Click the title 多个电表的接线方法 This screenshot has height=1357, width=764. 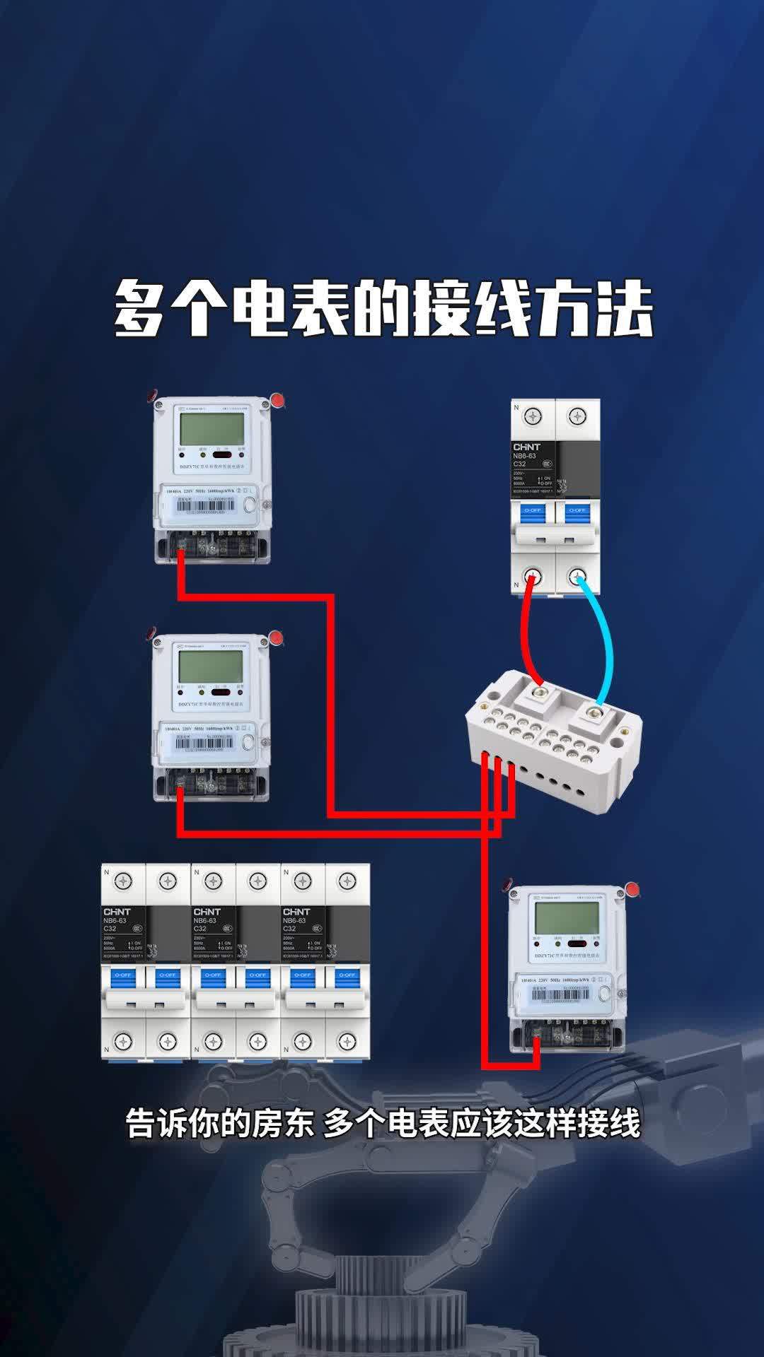point(383,310)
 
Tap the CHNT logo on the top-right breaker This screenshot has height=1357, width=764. point(526,447)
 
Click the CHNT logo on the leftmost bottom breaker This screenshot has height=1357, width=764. point(117,912)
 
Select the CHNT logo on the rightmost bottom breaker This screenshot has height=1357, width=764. point(296,912)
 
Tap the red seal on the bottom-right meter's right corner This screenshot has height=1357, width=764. point(632,890)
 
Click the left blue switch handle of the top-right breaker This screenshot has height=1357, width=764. point(533,510)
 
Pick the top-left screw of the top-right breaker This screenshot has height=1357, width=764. point(534,416)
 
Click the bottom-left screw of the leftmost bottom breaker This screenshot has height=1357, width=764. point(124,1040)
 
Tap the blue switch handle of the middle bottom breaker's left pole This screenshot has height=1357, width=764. point(213,975)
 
